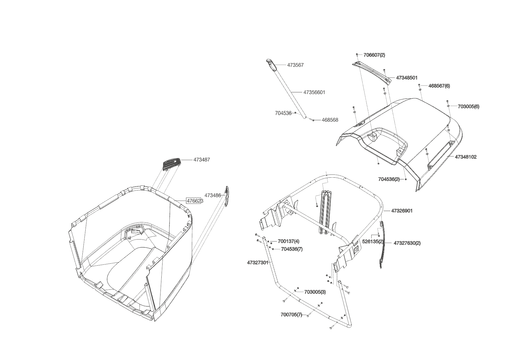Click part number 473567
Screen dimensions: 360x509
pos(295,65)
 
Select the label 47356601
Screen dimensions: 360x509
pos(314,92)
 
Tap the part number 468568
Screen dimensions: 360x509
pos(330,120)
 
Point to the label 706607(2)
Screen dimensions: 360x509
pos(374,55)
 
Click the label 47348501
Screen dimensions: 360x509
pos(407,78)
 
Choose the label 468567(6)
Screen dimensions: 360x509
pos(439,86)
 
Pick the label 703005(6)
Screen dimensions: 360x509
pos(468,107)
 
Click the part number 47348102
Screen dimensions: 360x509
pos(465,157)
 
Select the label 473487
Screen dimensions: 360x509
pos(201,160)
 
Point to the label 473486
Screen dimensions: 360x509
pos(212,195)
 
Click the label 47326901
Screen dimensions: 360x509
pos(402,211)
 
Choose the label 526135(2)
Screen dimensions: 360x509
pos(373,242)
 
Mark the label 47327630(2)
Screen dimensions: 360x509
pos(407,243)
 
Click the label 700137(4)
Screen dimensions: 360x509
pos(288,241)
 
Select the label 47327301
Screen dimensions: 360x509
pos(257,262)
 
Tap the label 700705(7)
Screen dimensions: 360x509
pos(291,315)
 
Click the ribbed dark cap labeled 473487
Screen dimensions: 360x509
pos(171,164)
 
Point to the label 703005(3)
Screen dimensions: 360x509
pos(315,292)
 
